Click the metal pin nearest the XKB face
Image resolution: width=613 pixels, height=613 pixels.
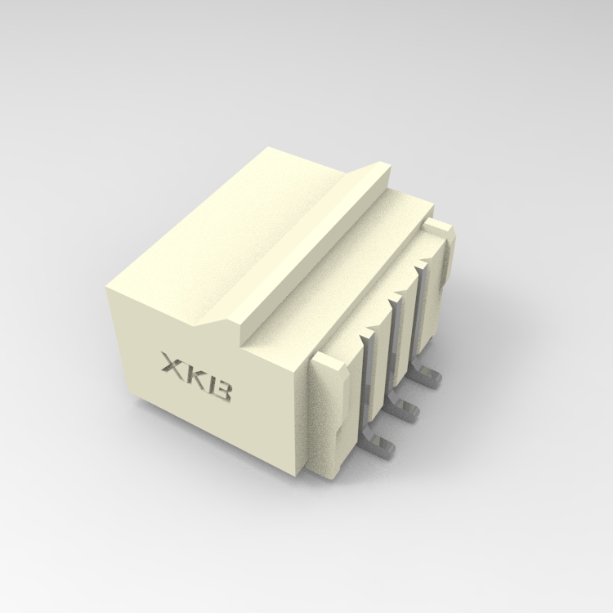[378, 445]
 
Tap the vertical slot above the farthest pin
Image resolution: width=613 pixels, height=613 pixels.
[422, 311]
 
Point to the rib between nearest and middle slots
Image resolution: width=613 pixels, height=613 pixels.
[382, 360]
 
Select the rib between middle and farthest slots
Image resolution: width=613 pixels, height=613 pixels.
[409, 323]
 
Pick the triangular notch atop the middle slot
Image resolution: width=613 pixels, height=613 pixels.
[397, 298]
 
